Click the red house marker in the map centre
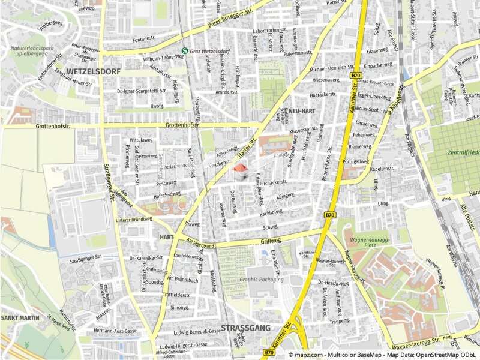coord(240,172)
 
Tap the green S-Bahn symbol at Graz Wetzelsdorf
coord(185,50)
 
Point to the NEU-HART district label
coord(302,112)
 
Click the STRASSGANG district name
coord(246,328)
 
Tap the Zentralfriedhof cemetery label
coord(463,152)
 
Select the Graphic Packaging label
coord(260,279)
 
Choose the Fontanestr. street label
coord(145,40)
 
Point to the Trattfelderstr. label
coord(176,295)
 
